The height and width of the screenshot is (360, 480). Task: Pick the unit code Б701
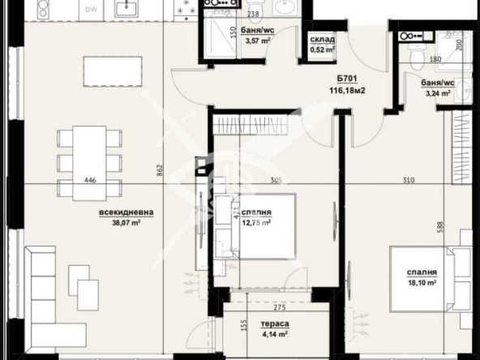pos(349,79)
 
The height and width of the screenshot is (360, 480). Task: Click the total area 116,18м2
pos(349,91)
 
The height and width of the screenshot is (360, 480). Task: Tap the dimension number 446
pos(90,182)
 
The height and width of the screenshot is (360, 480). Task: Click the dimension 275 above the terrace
pos(279,308)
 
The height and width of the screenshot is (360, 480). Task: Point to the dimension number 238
pos(253,15)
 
